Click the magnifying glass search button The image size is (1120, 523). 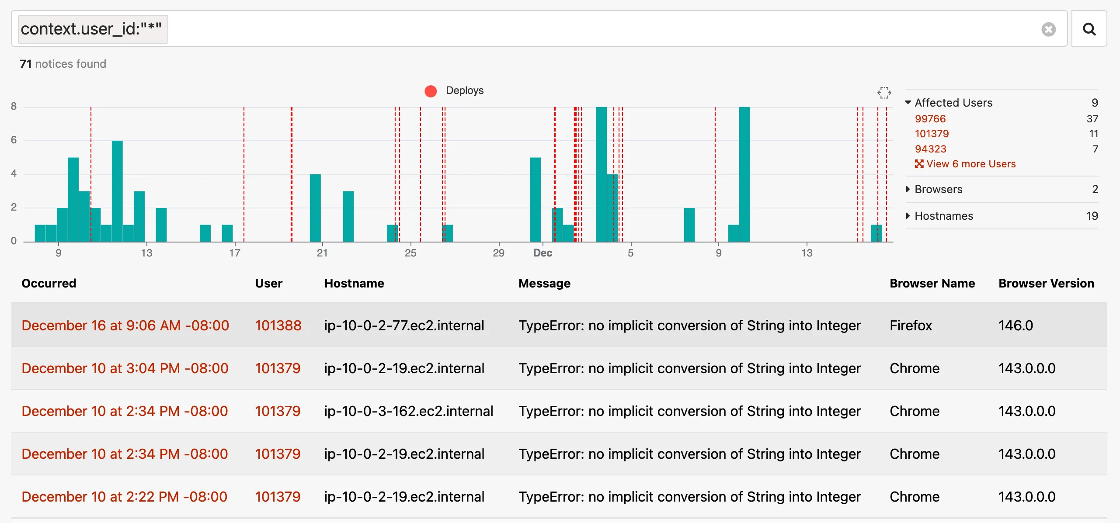click(1089, 29)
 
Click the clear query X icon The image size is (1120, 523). click(1048, 29)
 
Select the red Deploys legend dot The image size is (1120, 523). click(431, 91)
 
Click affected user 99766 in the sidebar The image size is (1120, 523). click(930, 119)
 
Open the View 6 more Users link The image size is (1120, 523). click(965, 164)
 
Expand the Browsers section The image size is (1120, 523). click(938, 189)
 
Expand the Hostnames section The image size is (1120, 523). click(943, 216)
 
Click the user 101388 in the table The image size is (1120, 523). click(278, 326)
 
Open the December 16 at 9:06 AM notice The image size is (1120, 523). click(125, 326)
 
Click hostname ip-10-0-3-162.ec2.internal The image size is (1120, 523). click(408, 411)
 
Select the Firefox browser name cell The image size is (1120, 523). click(911, 326)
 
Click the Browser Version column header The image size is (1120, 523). click(1046, 284)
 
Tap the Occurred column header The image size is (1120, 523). click(49, 284)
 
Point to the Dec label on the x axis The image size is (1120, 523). click(543, 253)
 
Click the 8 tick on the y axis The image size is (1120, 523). click(14, 106)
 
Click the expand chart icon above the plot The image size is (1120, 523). click(884, 93)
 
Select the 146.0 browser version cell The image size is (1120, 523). click(1016, 326)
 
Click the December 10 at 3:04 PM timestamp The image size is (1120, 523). click(125, 368)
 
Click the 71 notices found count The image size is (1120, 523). click(63, 64)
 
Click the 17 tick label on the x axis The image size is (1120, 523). click(235, 253)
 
